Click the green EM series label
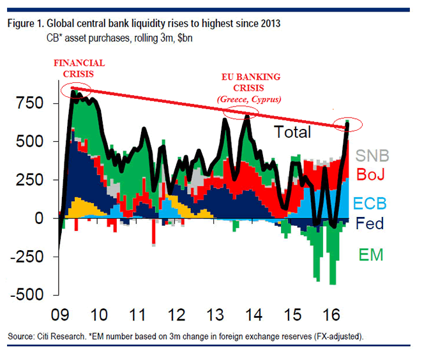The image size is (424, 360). [370, 255]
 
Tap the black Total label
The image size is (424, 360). [292, 133]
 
